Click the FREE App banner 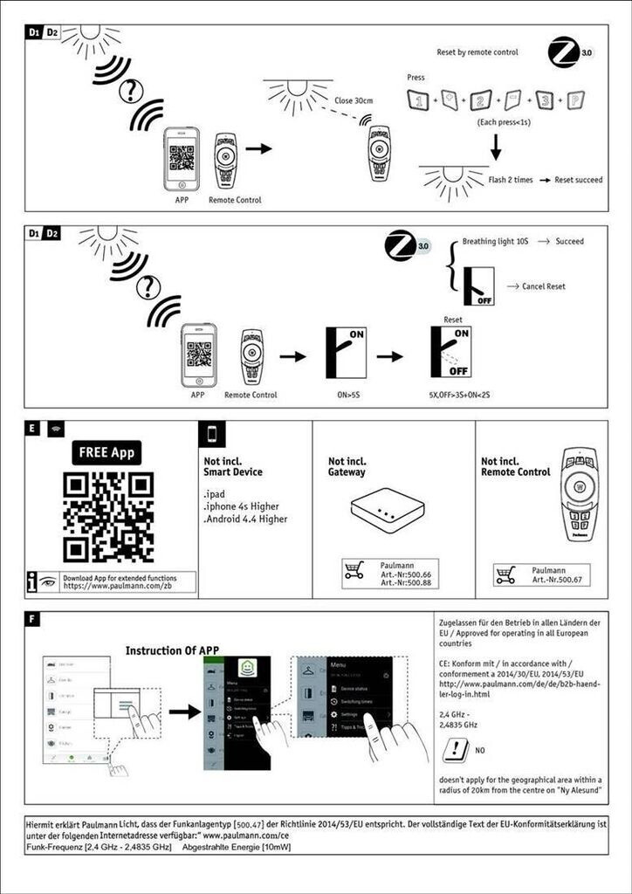pos(107,452)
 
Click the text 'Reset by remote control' pos(477,52)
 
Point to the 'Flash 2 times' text pos(511,180)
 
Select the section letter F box pos(33,620)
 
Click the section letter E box pos(33,429)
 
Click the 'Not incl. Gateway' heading pos(347,466)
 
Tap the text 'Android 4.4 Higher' pos(245,519)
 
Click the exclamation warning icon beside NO pos(456,749)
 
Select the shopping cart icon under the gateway pos(354,572)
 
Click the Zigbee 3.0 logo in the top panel pos(567,52)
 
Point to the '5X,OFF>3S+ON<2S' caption pos(454,395)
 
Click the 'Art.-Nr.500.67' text pos(551,579)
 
